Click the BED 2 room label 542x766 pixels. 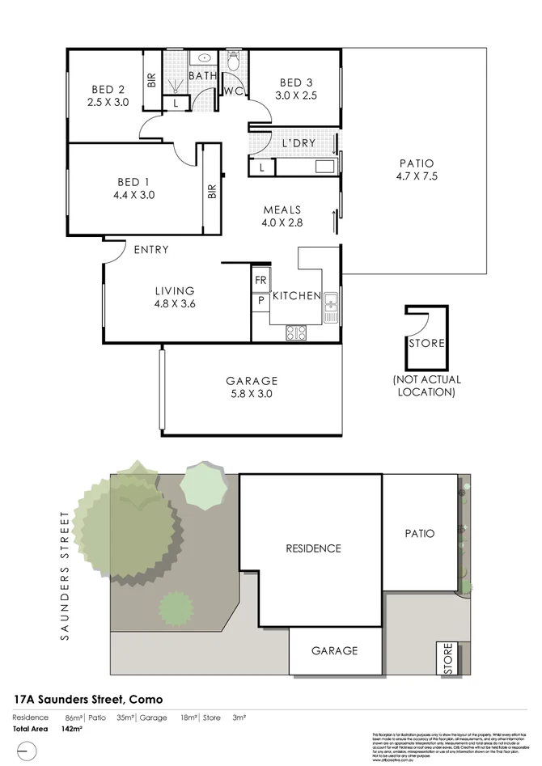coord(108,89)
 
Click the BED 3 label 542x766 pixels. coord(296,83)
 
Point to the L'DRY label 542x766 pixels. coord(298,144)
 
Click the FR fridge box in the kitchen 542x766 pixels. coord(261,281)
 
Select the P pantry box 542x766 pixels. coord(261,300)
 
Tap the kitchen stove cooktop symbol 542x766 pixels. coord(296,332)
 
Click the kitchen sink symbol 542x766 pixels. coord(331,307)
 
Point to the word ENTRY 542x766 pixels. coord(151,250)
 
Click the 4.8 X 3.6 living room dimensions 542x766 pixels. coord(176,304)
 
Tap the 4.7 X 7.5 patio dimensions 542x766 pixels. coord(417,176)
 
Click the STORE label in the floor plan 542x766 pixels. coord(426,343)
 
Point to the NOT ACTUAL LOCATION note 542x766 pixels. coord(426,386)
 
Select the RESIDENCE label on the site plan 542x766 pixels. coord(313,548)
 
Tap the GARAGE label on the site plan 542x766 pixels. coord(335,650)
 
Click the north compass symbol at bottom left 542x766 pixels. coord(24,754)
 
